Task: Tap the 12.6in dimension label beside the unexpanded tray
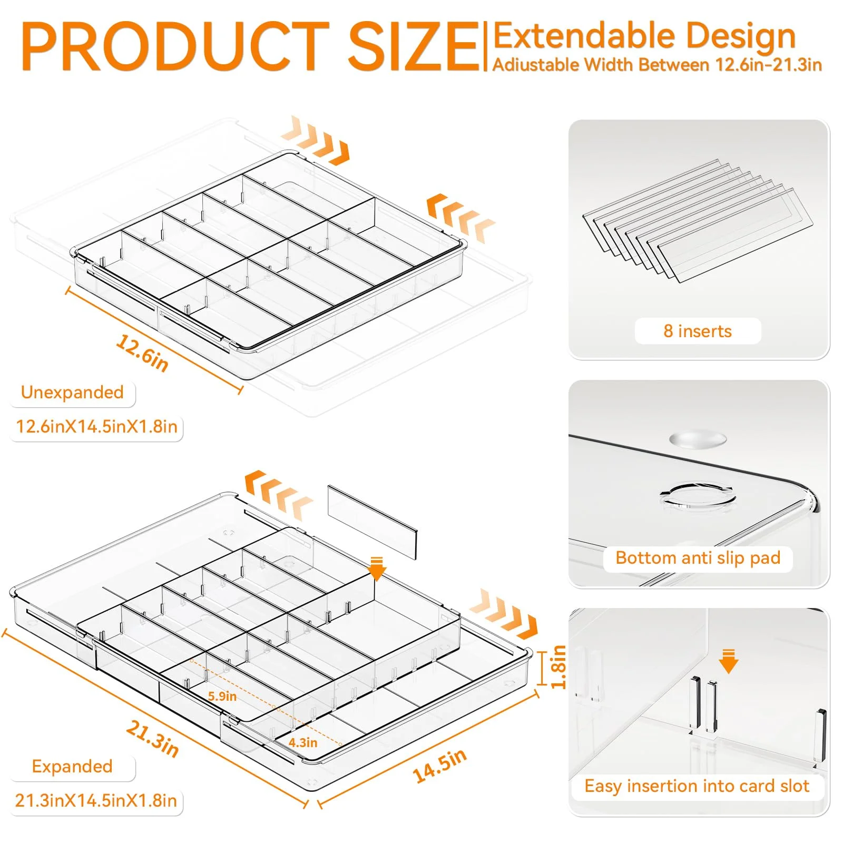142,352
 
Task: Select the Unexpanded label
72,392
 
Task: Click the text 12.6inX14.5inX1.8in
96,426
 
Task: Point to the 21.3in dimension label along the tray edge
152,739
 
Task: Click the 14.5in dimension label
440,764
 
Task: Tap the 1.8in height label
558,666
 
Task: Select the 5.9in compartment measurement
222,696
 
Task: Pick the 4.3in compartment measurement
303,742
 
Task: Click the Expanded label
72,766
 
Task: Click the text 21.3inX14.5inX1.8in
96,800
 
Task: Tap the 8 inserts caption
698,331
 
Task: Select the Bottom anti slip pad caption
698,557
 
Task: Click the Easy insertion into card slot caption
697,786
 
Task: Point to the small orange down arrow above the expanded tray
377,568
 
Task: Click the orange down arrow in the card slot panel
729,662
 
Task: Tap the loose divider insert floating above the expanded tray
372,522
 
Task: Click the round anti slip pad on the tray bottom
698,439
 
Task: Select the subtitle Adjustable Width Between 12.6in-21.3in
657,65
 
